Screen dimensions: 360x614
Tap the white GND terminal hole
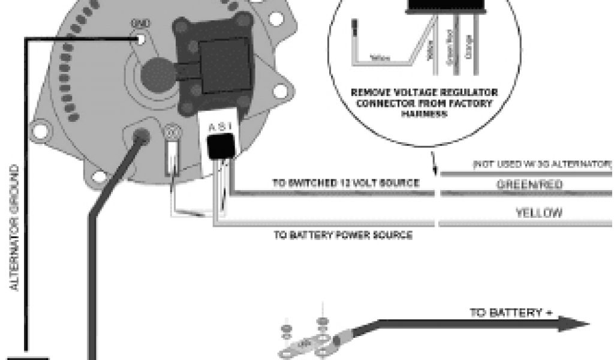click(x=141, y=40)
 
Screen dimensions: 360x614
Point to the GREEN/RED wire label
click(x=530, y=185)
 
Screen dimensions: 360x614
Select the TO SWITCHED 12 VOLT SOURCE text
click(x=346, y=183)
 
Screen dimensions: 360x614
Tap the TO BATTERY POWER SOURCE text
click(x=343, y=235)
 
